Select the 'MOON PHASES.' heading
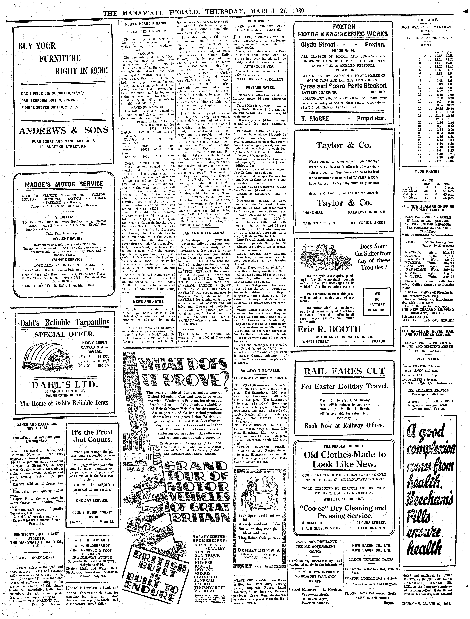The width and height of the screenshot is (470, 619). tap(427, 171)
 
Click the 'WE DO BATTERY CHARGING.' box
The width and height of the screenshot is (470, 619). tap(377, 302)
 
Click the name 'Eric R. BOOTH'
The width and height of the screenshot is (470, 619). tap(329, 329)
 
